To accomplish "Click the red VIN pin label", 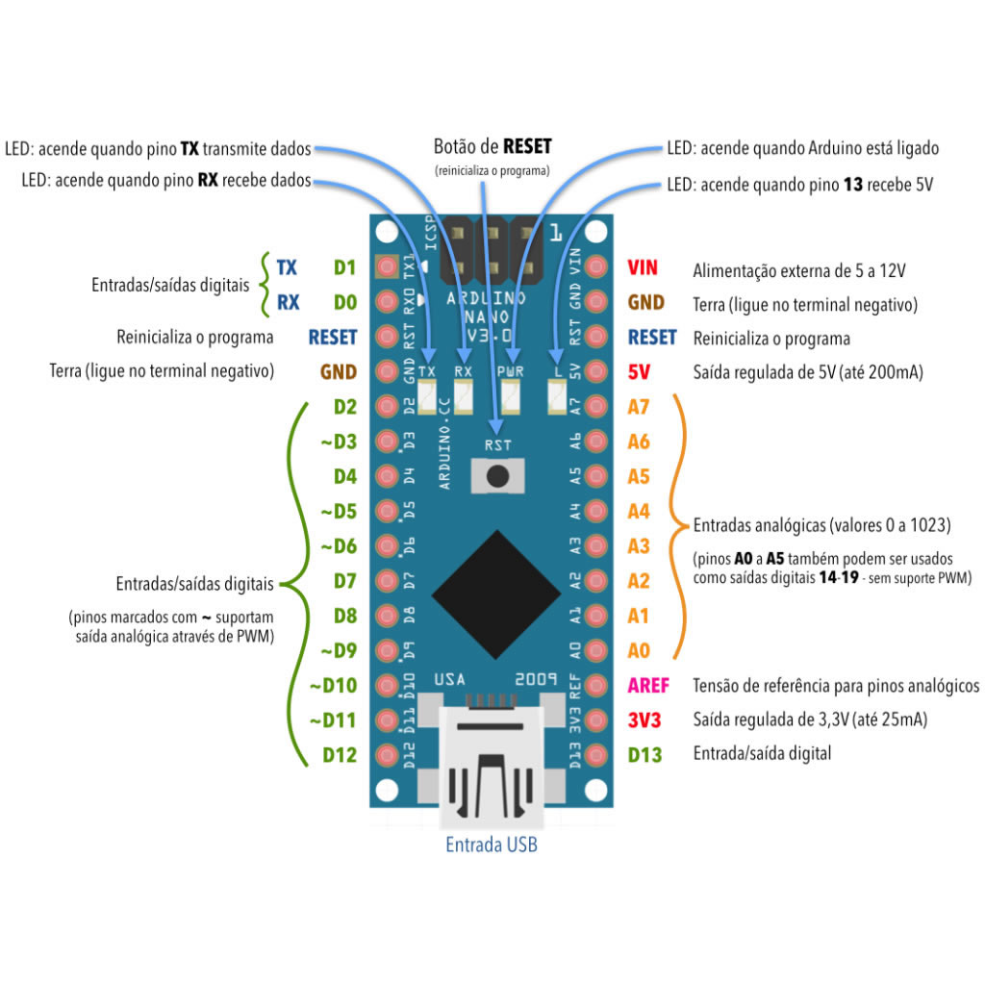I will coord(644,267).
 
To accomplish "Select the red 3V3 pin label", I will coord(644,720).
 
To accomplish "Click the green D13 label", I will coord(644,755).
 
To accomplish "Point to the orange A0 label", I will coord(639,651).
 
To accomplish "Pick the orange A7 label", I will coord(639,407).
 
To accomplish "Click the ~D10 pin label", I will coord(334,686).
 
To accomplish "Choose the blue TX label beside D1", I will coord(287,267).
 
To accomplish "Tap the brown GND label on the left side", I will coord(338,372).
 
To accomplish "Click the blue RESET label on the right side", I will coord(652,338).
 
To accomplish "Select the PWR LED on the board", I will coord(510,393).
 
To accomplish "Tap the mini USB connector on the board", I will coord(492,760).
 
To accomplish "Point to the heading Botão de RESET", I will coord(492,147).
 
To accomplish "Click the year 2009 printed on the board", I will coord(536,678).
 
